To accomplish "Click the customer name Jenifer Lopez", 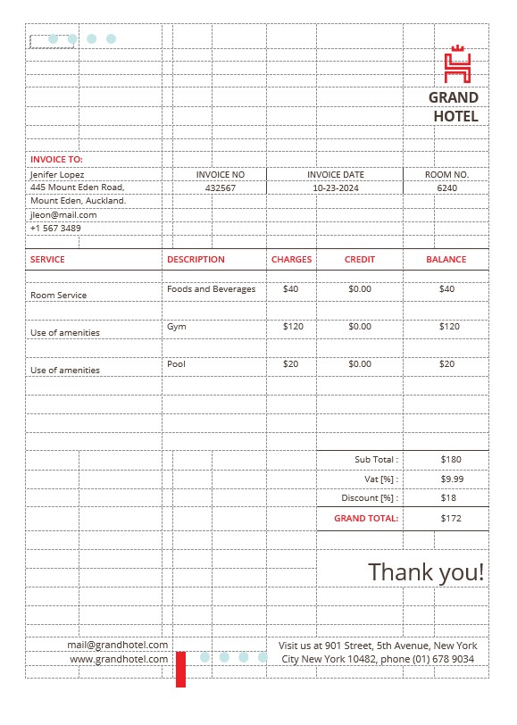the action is (x=57, y=175).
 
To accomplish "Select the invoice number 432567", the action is (x=220, y=188).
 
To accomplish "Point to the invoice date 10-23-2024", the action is (x=336, y=188).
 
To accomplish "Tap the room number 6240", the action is (x=446, y=188).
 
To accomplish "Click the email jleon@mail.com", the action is (x=63, y=214).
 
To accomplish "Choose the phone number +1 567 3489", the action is (x=55, y=228).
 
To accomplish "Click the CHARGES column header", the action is (x=291, y=260).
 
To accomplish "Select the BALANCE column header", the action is (x=446, y=260).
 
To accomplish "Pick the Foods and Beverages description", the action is (x=211, y=289).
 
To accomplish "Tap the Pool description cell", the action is (x=176, y=364).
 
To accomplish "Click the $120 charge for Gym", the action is (x=293, y=327).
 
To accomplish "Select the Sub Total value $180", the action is (x=451, y=460).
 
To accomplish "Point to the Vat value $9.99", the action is (x=452, y=479).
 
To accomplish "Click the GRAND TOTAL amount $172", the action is (x=451, y=518).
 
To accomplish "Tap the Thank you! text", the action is (x=426, y=572).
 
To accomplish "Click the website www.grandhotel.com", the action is (x=119, y=659).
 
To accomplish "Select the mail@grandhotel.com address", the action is (x=118, y=645).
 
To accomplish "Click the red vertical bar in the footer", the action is (x=180, y=669).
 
